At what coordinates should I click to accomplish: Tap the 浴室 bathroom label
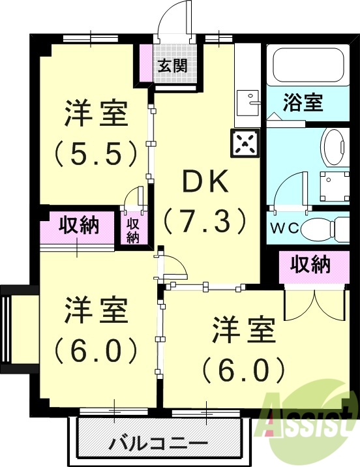coord(303,103)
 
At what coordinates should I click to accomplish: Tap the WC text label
coord(284,230)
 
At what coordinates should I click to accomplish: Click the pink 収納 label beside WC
coord(310,265)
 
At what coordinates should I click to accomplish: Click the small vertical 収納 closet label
coord(133,230)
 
